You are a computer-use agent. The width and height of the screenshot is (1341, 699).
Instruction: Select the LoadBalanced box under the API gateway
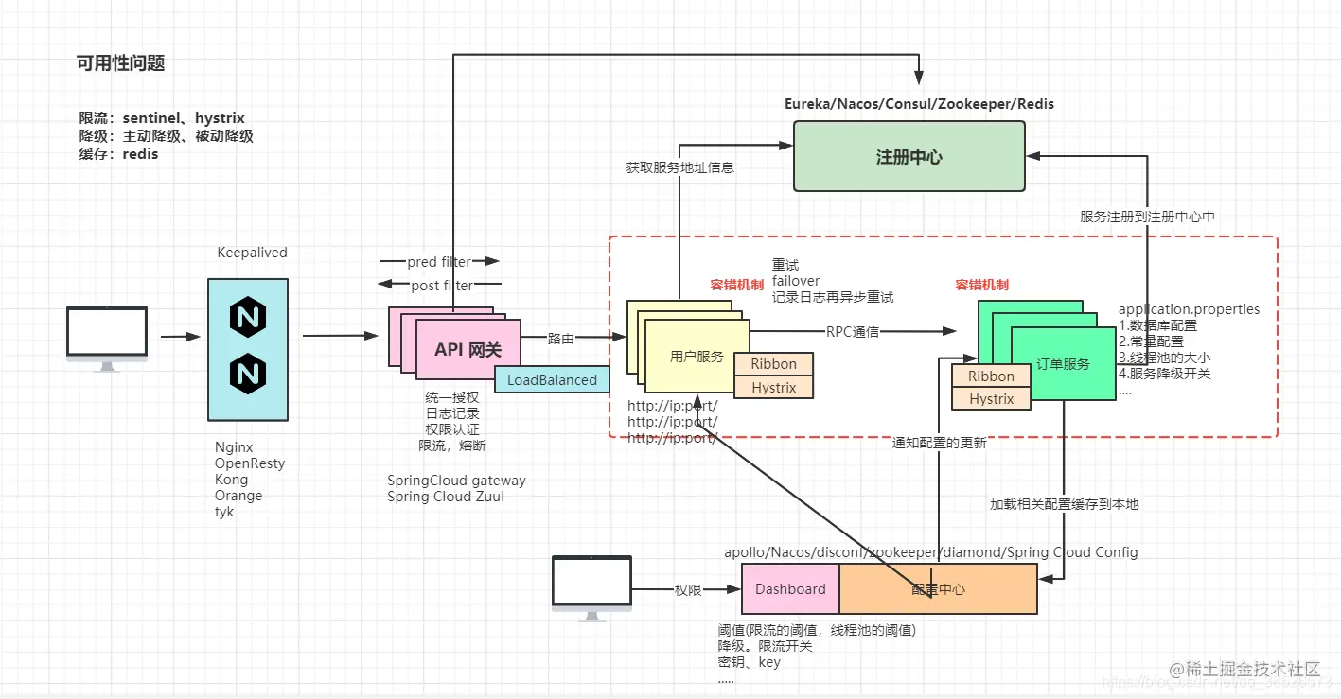552,379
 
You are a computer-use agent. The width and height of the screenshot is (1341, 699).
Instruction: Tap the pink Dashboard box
790,588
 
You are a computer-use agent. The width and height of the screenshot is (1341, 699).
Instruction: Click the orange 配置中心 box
938,588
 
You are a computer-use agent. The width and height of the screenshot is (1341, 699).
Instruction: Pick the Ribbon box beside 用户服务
773,364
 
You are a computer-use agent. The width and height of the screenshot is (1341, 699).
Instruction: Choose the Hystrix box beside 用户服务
773,388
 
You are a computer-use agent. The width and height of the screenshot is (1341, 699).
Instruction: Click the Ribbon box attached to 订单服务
991,376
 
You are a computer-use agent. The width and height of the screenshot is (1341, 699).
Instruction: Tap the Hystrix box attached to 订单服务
991,399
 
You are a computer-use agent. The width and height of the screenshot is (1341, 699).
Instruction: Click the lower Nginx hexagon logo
248,375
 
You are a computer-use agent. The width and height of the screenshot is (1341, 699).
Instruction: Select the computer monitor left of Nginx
107,333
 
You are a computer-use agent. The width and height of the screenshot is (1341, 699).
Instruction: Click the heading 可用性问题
121,63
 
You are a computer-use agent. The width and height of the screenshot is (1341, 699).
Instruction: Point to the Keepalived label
252,253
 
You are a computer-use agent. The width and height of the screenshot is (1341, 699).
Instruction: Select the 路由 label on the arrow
560,338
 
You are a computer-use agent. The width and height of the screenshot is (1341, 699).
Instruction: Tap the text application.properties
1189,309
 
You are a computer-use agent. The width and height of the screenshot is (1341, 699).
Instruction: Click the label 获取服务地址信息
679,167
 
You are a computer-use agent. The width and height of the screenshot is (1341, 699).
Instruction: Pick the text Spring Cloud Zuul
446,497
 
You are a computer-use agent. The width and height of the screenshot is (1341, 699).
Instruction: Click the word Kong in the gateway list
232,480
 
